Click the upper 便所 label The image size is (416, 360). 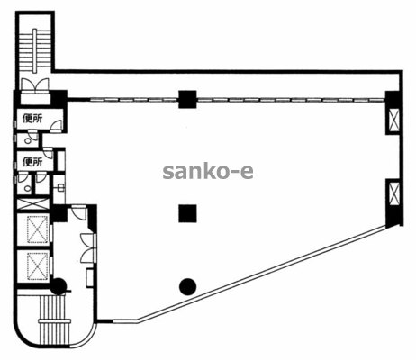32,119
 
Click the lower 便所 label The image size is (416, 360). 32,162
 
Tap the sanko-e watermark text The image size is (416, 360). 208,172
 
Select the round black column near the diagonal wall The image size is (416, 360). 187,286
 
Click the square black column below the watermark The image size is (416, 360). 187,213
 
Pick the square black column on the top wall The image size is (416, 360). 187,99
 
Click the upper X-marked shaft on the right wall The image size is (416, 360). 393,119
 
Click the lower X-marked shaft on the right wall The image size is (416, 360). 393,193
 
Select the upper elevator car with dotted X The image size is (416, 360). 38,229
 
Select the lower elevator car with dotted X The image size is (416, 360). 38,266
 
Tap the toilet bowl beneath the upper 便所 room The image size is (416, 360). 28,140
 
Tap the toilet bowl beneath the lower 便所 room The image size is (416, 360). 28,189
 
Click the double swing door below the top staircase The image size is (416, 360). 34,84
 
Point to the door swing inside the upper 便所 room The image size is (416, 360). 56,125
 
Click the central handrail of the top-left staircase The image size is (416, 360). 35,51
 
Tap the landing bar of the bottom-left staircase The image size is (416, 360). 55,321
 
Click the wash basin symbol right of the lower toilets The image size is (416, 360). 61,188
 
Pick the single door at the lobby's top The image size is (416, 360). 78,211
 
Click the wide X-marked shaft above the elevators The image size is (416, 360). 32,204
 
